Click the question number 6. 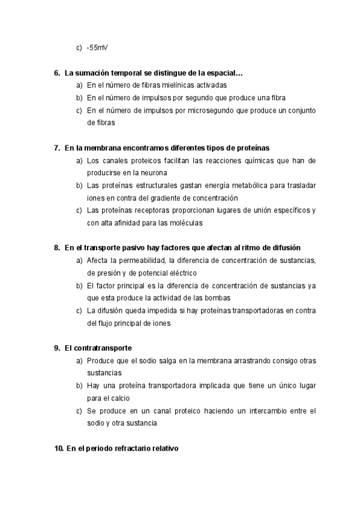56,73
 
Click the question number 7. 56,148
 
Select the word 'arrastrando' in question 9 241,360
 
